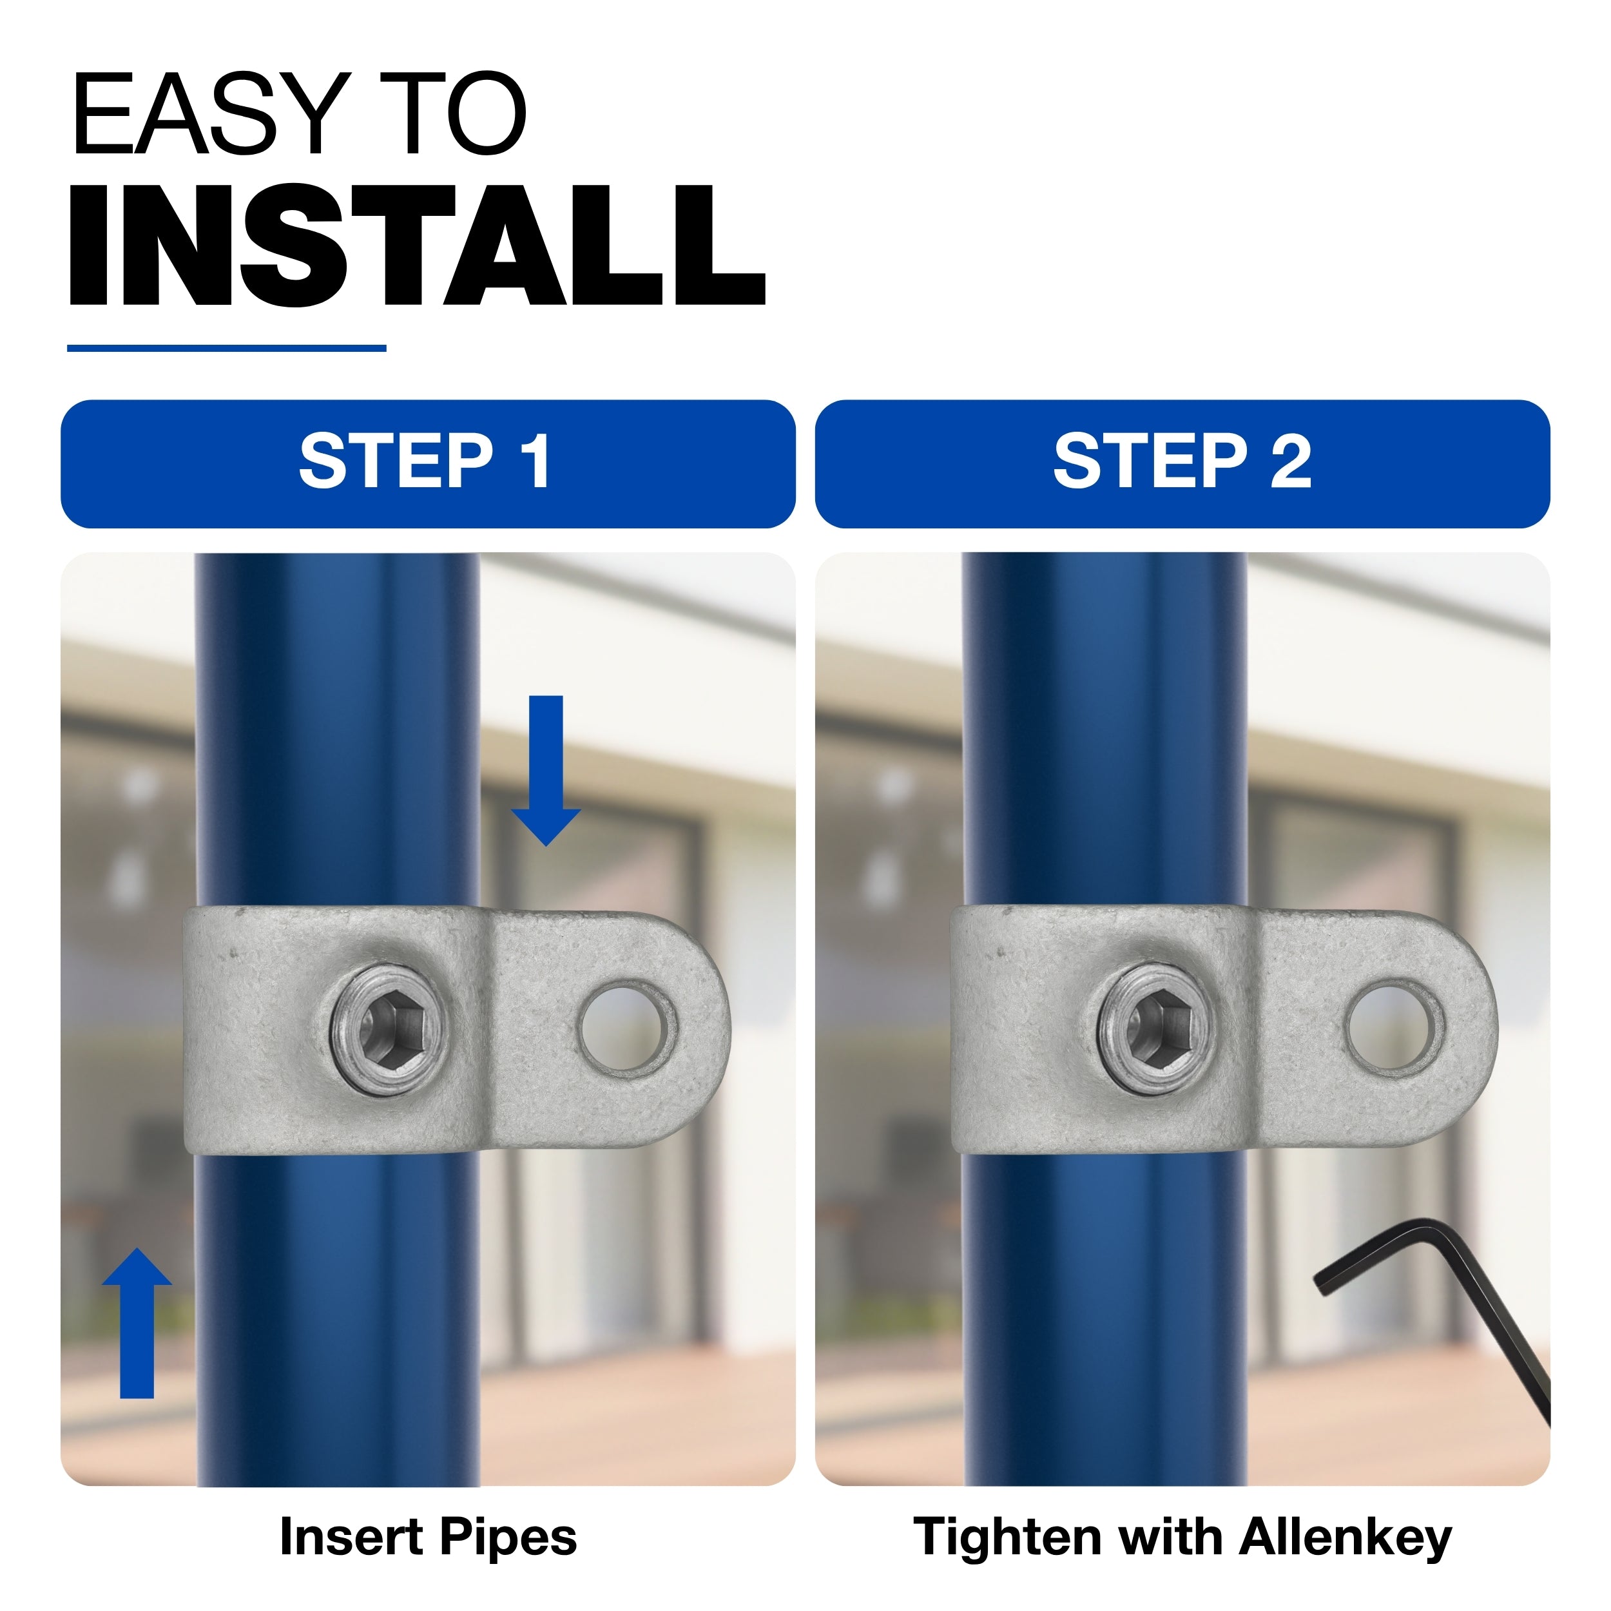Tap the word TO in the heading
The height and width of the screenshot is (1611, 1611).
[x=453, y=113]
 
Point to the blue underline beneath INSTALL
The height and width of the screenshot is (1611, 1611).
[x=227, y=348]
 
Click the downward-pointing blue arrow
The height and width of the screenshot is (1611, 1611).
[x=546, y=769]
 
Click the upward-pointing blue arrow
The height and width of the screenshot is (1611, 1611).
[x=137, y=1333]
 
